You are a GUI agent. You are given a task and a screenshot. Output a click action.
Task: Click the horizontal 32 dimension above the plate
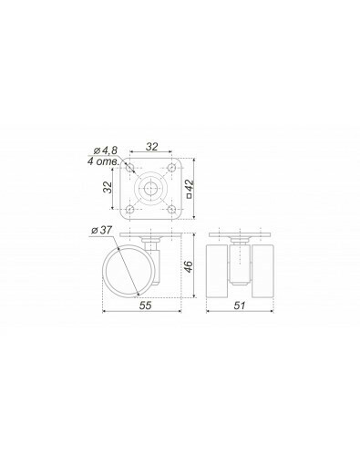tap(151, 147)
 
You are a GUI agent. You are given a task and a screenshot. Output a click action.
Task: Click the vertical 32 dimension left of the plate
tap(108, 187)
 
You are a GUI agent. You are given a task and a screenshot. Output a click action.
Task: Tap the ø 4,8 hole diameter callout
tap(105, 150)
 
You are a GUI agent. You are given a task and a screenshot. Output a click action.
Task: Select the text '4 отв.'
tap(103, 161)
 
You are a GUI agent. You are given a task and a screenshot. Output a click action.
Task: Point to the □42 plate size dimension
tap(190, 189)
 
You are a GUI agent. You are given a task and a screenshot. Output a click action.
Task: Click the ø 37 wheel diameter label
tap(102, 230)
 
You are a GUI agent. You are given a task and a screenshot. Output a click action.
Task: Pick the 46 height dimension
tap(189, 266)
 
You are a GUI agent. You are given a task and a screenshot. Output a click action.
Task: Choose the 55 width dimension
tap(145, 306)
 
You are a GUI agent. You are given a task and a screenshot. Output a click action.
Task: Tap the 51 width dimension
tap(240, 306)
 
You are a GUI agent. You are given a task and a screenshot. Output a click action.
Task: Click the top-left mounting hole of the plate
tap(130, 168)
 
